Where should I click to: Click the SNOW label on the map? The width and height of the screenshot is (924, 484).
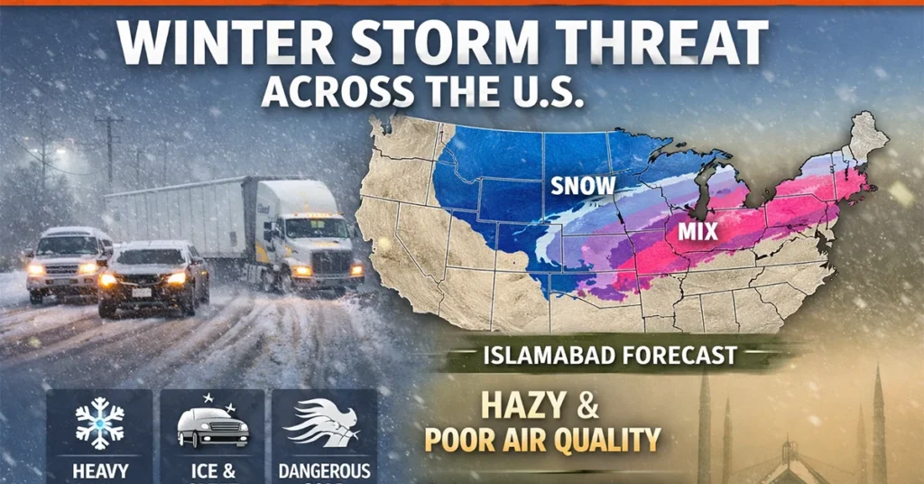pyautogui.click(x=583, y=185)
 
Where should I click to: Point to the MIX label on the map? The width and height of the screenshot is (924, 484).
pyautogui.click(x=698, y=232)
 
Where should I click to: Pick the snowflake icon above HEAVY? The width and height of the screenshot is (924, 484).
pyautogui.click(x=98, y=423)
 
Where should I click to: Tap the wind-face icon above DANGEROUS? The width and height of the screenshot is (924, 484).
pyautogui.click(x=322, y=423)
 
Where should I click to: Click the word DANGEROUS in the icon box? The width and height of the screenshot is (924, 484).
pyautogui.click(x=324, y=470)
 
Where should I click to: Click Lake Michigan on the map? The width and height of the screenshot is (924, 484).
pyautogui.click(x=703, y=193)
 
